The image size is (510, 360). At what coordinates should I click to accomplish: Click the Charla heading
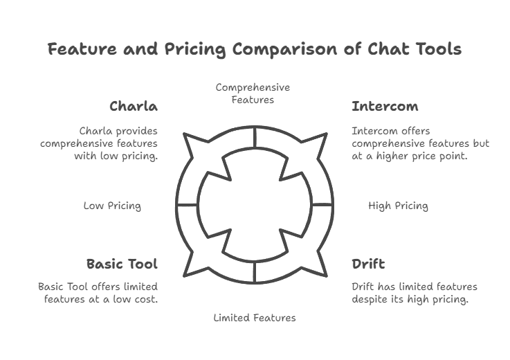[x=134, y=107]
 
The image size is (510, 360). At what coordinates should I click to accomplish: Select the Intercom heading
[x=385, y=107]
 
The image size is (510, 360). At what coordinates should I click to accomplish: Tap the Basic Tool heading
[x=122, y=264]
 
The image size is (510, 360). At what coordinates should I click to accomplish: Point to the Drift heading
[x=368, y=264]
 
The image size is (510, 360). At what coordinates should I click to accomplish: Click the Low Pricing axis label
[x=112, y=206]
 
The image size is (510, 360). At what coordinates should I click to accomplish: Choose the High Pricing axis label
[x=398, y=206]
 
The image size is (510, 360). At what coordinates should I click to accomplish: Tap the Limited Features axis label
[x=255, y=318]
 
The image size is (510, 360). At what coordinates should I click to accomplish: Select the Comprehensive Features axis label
[x=253, y=93]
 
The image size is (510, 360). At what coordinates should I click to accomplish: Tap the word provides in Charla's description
[x=136, y=132]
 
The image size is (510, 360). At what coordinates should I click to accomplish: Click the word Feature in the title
[x=82, y=49]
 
